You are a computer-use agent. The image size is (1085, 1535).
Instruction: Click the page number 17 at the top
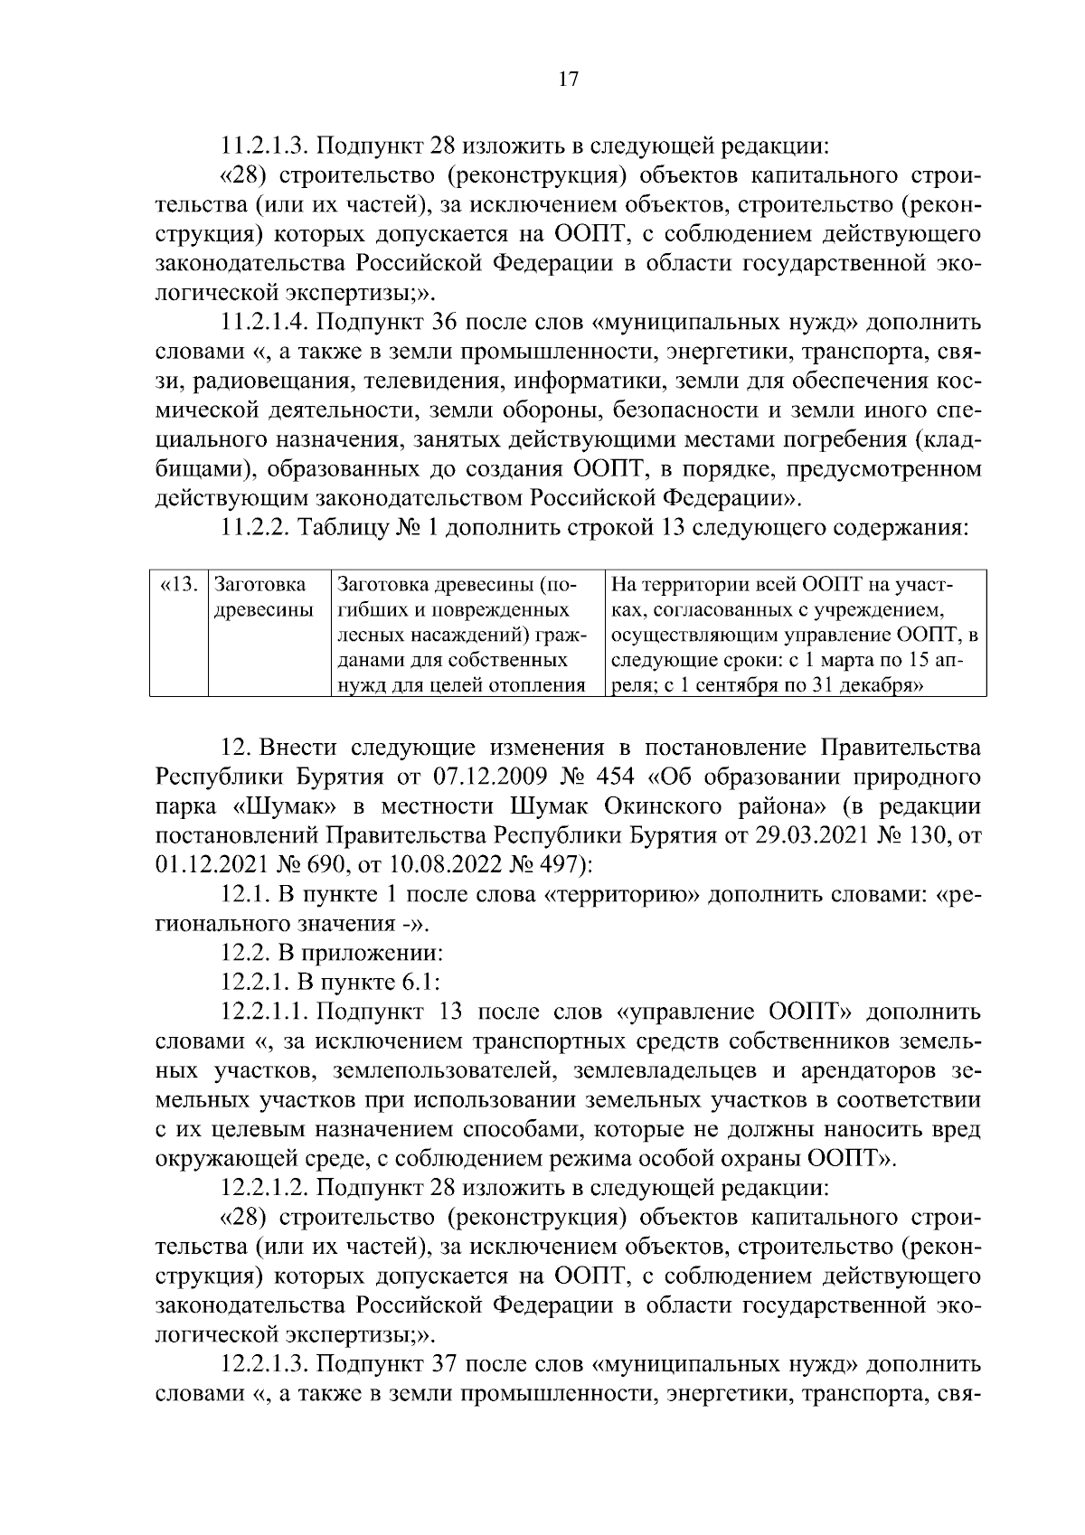pos(568,80)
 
